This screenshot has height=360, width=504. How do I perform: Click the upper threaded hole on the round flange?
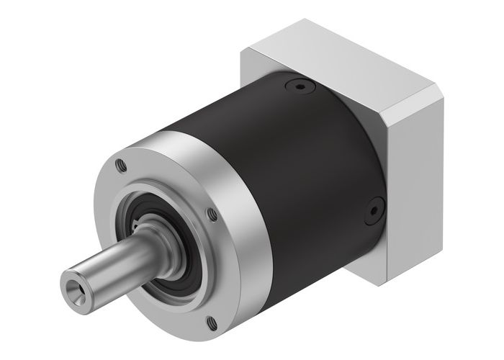point(122,165)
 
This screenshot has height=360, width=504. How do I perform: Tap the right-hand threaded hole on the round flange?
point(211,213)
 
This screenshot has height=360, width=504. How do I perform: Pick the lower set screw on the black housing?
point(372,212)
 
